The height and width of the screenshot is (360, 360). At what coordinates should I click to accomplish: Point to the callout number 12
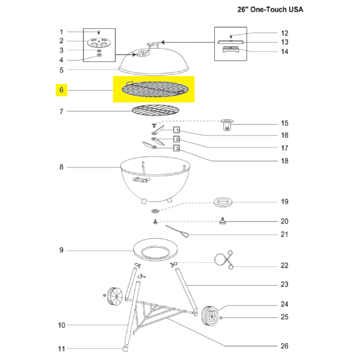pos(284,33)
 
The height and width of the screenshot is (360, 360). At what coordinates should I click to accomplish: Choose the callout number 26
pos(284,346)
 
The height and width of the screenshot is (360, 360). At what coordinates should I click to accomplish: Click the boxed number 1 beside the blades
pos(177,130)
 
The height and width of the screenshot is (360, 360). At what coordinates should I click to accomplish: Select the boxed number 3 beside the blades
pos(177,148)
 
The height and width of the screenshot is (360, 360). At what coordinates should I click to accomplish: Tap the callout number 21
pos(284,234)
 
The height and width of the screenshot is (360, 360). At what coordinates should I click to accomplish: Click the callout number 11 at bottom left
pos(61,349)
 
